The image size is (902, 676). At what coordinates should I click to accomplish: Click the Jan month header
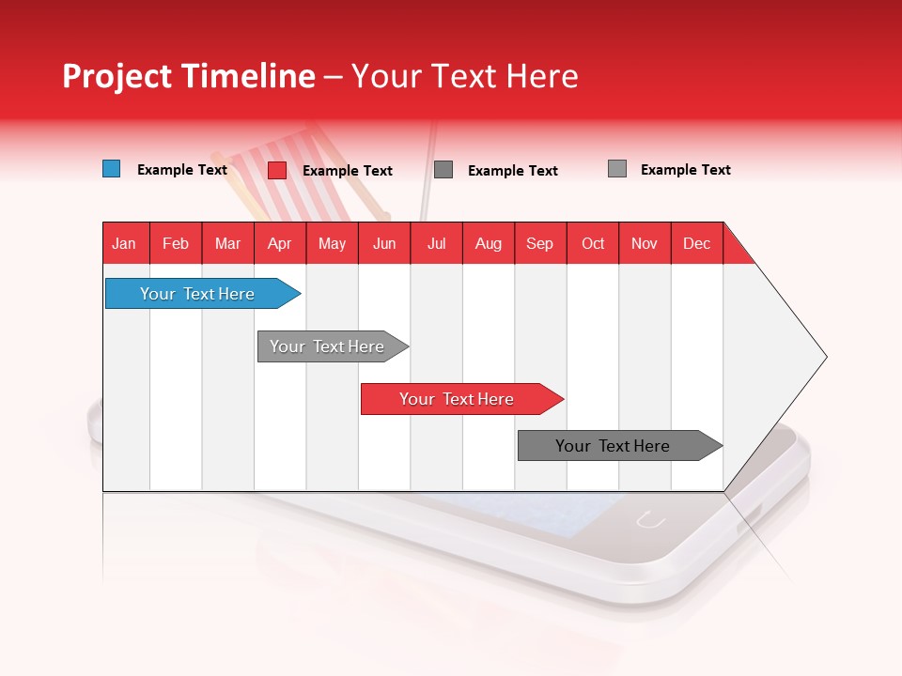pos(124,243)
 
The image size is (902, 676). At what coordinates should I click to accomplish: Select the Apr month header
pos(279,243)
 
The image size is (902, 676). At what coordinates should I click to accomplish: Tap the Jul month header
pos(436,243)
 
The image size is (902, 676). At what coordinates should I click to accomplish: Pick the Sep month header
pos(539,243)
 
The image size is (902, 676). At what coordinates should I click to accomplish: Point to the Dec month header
pos(696,243)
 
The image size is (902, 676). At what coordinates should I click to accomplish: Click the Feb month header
pos(176,243)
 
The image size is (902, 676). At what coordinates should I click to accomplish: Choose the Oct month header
pos(593,243)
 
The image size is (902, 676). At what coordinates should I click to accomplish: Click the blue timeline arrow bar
pos(197,294)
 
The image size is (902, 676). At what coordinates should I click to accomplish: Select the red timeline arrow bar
pos(457,399)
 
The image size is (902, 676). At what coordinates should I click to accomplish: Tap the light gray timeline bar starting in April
pos(327,346)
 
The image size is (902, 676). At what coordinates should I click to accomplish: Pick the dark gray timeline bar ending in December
pos(613,446)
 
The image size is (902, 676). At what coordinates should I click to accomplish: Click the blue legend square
pos(112,169)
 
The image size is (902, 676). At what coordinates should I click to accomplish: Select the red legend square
pos(277,170)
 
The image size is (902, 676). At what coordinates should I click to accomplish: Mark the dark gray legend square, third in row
pos(443,170)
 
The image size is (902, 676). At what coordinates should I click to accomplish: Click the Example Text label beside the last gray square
pos(685,170)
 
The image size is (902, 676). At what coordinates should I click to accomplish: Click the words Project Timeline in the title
pos(188,76)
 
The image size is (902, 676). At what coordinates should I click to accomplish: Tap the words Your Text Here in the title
pos(464,76)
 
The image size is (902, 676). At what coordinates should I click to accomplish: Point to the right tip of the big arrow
pos(824,357)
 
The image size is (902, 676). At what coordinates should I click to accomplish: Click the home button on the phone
pos(650,519)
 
